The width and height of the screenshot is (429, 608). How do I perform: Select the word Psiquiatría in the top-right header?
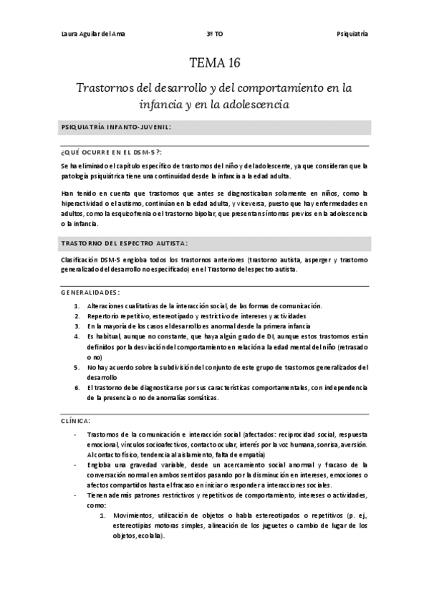[x=352, y=34]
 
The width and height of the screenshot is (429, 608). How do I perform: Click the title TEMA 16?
[x=213, y=64]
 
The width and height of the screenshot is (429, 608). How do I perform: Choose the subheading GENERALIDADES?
[x=91, y=293]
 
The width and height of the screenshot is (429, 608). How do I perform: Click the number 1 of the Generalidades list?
[x=77, y=306]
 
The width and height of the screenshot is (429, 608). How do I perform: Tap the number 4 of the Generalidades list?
[x=77, y=336]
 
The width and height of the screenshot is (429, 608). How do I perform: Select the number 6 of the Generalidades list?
[x=77, y=388]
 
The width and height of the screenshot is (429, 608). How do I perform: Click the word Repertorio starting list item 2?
[x=103, y=316]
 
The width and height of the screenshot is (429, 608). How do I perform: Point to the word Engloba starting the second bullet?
[x=100, y=465]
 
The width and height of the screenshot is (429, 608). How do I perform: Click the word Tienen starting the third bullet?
[x=97, y=495]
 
